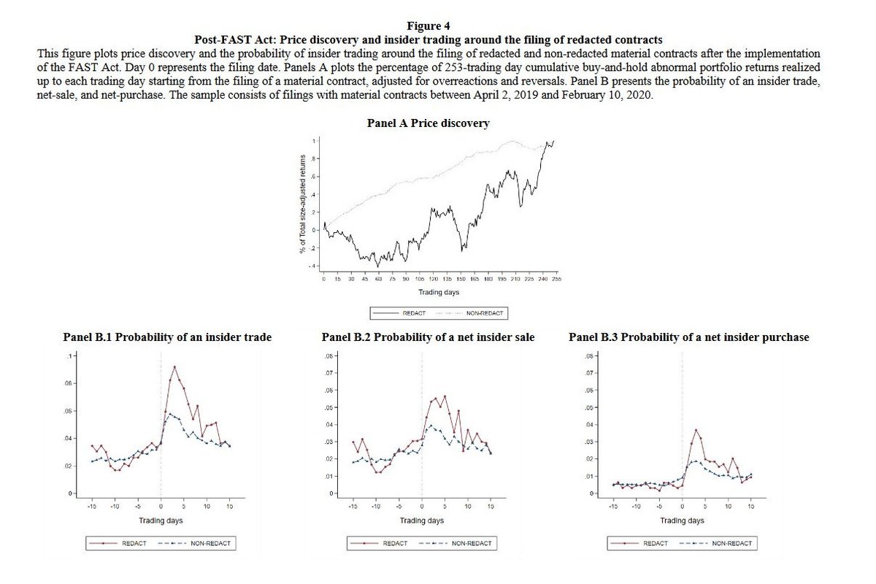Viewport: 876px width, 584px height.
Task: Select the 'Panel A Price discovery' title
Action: pyautogui.click(x=427, y=123)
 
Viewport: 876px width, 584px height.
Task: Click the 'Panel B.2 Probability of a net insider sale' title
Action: pyautogui.click(x=427, y=337)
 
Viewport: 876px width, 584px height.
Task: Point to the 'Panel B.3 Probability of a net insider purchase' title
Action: pyautogui.click(x=688, y=337)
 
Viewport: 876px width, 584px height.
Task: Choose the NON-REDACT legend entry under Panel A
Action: pyautogui.click(x=474, y=312)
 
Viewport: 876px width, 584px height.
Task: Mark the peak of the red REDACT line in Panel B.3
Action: pyautogui.click(x=696, y=430)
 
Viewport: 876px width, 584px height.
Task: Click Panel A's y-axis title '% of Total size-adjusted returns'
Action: pyautogui.click(x=301, y=204)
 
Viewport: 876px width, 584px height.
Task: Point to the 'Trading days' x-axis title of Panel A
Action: pyautogui.click(x=439, y=292)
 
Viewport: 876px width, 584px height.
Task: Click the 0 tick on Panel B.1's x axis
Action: pyautogui.click(x=161, y=505)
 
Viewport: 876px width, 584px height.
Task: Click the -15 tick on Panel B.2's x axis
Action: pyautogui.click(x=353, y=505)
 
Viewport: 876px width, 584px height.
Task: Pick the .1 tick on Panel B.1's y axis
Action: pyautogui.click(x=71, y=356)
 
